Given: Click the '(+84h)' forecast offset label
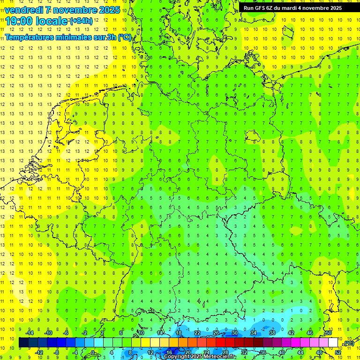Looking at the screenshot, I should tap(81, 21).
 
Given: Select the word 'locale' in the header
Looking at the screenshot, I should tap(53, 21).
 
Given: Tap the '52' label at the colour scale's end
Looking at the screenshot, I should tap(338, 352).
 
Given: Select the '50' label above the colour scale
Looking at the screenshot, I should tap(329, 333).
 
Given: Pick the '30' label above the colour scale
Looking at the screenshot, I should tap(234, 333).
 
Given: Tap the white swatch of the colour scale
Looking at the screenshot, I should tap(333, 343).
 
